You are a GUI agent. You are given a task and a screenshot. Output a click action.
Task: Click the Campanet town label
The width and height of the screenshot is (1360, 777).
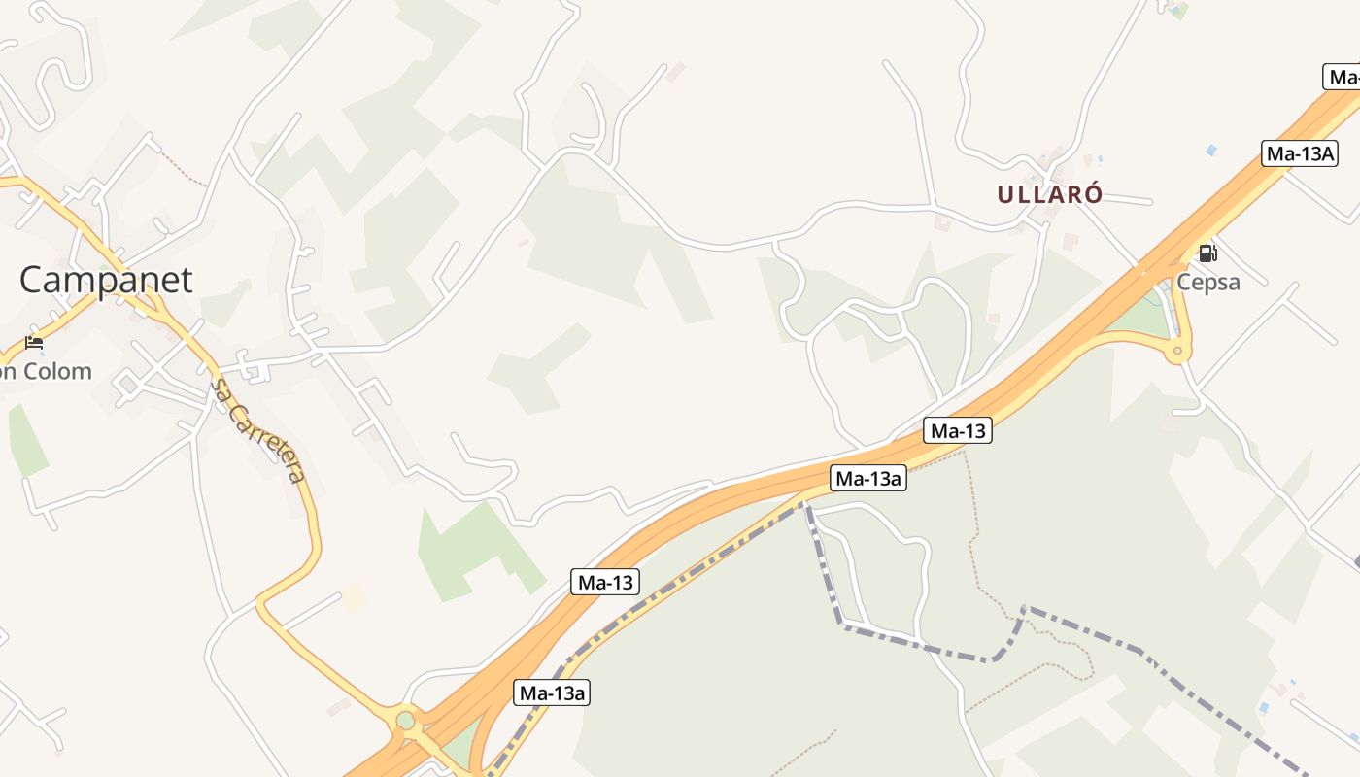[106, 280]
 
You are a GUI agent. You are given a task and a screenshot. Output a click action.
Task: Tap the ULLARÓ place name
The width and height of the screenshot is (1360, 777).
[1049, 194]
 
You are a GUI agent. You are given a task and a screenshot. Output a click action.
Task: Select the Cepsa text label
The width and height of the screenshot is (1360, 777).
[1208, 282]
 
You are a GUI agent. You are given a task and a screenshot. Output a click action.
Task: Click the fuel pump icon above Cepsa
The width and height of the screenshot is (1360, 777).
[1207, 253]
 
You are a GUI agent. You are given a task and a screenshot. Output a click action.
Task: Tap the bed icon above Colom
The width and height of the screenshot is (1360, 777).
[34, 343]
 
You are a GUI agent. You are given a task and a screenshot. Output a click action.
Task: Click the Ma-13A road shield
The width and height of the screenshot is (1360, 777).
[1300, 152]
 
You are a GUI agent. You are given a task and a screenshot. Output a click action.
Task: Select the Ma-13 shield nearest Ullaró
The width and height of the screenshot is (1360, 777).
[958, 431]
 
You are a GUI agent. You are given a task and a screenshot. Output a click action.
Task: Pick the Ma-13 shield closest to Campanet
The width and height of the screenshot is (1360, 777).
[605, 582]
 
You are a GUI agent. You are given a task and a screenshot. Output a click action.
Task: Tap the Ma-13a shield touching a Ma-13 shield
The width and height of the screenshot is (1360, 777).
[868, 478]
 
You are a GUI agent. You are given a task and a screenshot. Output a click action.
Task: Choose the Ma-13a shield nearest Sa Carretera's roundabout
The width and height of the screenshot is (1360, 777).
[552, 693]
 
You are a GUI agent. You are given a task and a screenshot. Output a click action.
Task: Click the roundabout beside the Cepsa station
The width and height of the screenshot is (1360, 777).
[1177, 350]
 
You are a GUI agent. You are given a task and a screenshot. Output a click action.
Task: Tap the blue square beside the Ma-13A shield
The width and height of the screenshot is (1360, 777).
[1210, 150]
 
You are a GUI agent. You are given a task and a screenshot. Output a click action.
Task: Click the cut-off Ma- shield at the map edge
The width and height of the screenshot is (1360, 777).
[1343, 77]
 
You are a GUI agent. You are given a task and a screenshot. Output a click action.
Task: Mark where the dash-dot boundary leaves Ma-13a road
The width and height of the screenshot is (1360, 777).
[804, 503]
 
